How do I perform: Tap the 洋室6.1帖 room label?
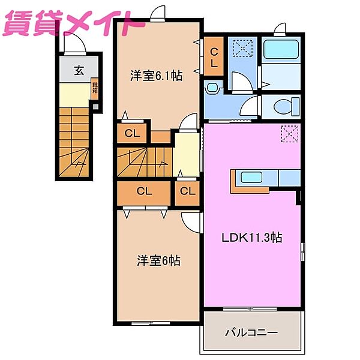point(157,76)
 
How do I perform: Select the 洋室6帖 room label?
point(158,261)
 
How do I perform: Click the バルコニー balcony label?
point(251,332)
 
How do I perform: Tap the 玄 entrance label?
point(79,70)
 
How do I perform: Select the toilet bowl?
point(282,107)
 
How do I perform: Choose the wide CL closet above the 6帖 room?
point(144,191)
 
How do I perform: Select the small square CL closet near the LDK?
point(188,191)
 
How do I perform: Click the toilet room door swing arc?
point(248,109)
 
